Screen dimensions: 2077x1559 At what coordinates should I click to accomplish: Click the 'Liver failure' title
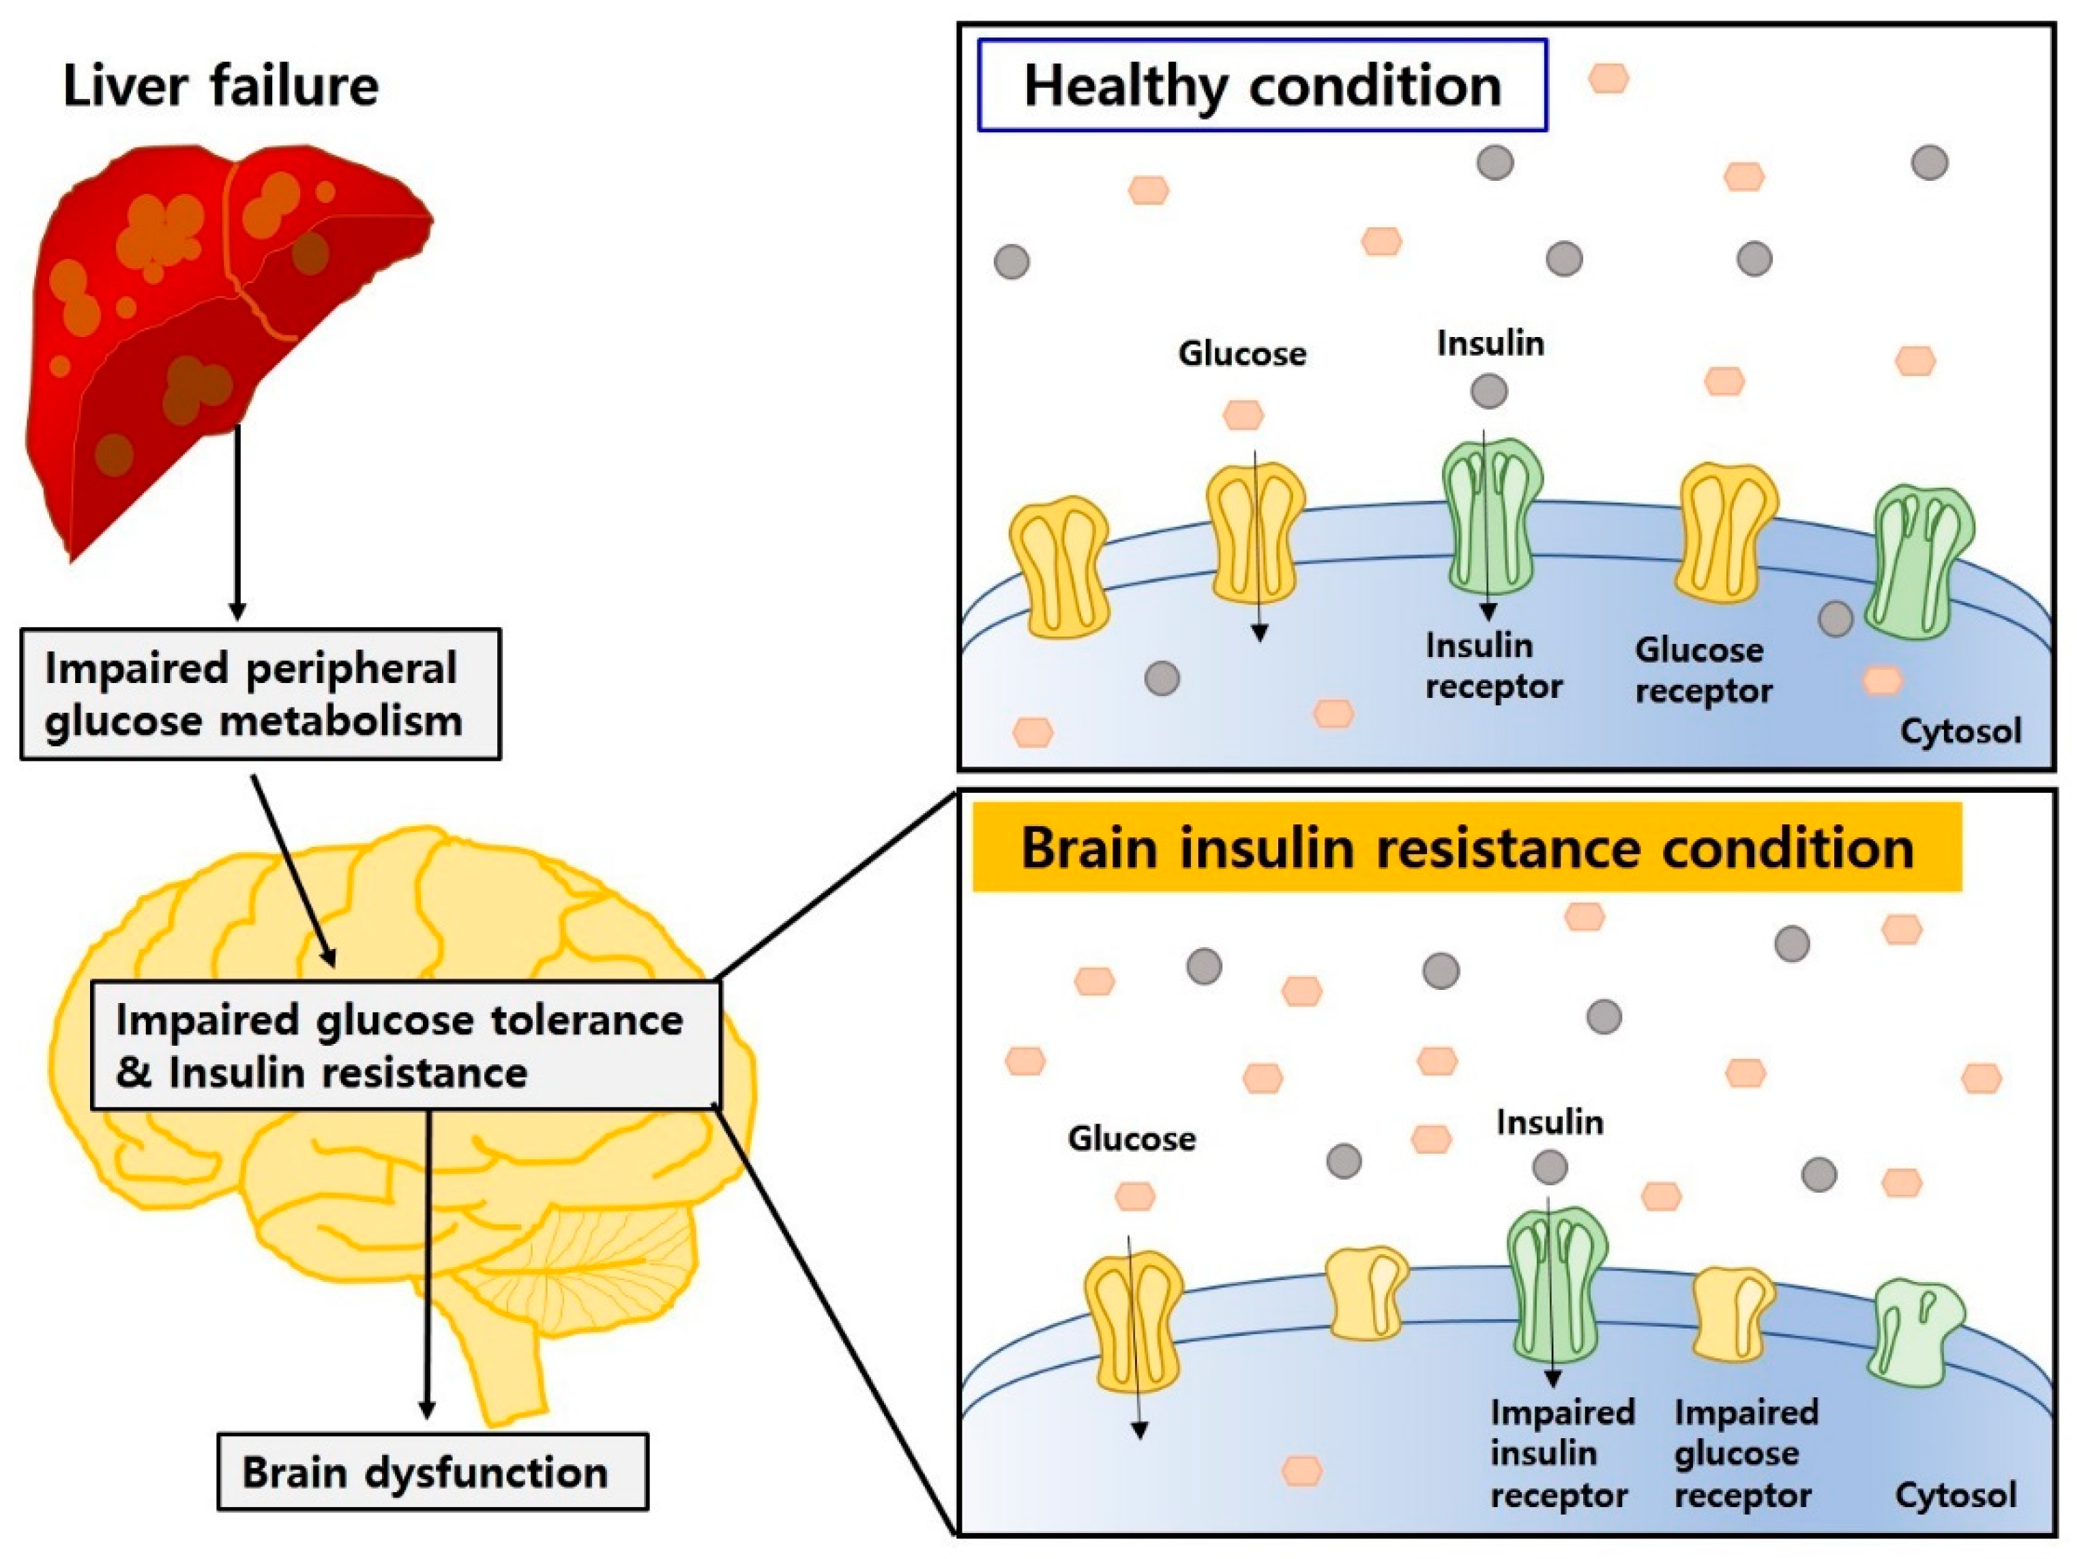click(x=220, y=87)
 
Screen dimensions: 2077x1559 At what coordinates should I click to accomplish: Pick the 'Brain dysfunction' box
click(x=433, y=1472)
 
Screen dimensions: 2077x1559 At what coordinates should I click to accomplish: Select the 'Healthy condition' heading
click(x=1263, y=85)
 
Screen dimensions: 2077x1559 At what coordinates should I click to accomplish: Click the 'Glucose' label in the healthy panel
click(x=1242, y=354)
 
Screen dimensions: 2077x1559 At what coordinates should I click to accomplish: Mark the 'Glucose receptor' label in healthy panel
click(x=1703, y=669)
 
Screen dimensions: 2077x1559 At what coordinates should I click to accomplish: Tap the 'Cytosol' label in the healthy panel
click(x=1960, y=731)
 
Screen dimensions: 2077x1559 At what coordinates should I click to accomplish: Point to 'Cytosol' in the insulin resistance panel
click(x=1956, y=1495)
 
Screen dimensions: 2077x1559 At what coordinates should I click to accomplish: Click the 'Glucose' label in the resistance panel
click(x=1132, y=1139)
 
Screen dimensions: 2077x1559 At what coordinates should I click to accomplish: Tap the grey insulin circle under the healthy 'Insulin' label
click(x=1489, y=391)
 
